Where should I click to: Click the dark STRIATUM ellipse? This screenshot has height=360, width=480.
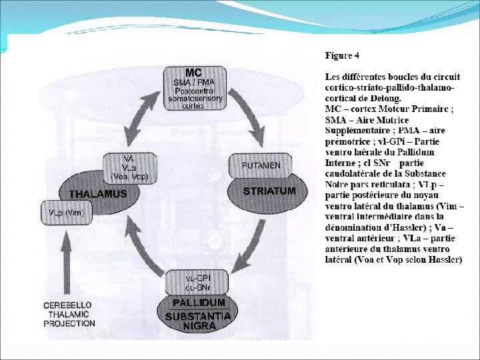click(x=268, y=191)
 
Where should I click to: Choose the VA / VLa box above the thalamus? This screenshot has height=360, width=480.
click(x=130, y=167)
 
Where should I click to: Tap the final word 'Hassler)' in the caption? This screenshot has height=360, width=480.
click(x=441, y=259)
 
